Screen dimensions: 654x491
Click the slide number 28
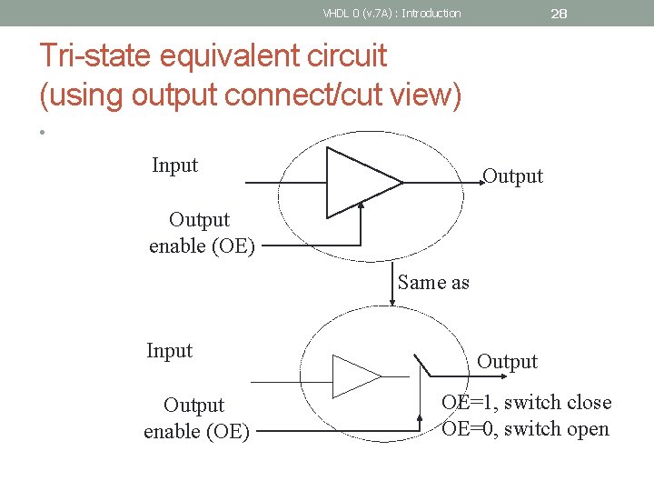(559, 13)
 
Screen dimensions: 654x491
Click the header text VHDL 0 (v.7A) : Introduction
(391, 13)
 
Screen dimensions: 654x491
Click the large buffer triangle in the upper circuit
(359, 183)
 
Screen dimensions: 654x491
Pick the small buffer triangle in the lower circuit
(354, 375)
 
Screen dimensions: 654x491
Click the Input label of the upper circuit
(174, 165)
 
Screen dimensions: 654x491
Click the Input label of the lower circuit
(170, 351)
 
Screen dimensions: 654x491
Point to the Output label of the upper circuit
(512, 176)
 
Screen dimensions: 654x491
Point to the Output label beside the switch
(507, 362)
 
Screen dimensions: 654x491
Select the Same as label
(433, 283)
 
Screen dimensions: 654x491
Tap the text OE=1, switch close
(526, 403)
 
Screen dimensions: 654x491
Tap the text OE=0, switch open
(525, 429)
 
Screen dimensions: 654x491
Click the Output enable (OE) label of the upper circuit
(201, 233)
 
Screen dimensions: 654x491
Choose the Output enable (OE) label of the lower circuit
(195, 418)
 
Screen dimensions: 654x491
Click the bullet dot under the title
(43, 134)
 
